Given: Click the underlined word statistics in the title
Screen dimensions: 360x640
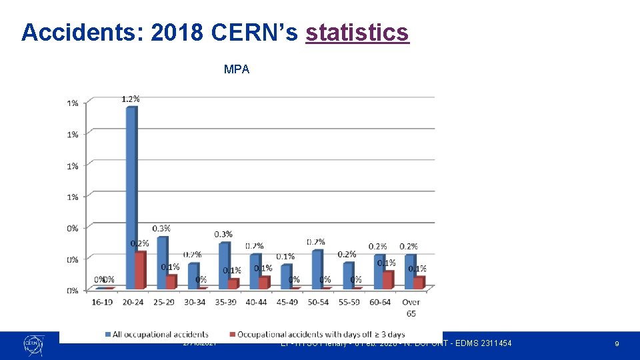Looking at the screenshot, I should point(357,31).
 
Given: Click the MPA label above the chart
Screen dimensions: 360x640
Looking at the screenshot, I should point(237,69).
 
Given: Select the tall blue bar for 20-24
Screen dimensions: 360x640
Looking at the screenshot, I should point(131,197).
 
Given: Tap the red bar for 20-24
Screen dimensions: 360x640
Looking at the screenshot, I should point(140,270).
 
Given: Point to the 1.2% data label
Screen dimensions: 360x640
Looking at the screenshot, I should point(131,99).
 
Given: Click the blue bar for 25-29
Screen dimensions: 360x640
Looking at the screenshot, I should point(162,263).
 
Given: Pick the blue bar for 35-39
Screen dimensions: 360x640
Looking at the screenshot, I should point(223,265).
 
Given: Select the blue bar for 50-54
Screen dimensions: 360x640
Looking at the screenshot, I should point(317,269).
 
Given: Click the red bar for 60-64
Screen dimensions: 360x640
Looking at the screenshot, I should point(388,280).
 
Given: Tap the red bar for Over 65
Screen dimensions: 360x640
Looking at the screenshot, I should point(419,283).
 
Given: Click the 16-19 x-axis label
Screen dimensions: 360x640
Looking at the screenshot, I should point(102,303).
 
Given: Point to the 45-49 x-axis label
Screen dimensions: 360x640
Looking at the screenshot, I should point(287,303).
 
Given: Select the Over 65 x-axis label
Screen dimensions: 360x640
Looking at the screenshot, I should point(411,307).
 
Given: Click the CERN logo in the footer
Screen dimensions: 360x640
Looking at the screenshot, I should point(33,343).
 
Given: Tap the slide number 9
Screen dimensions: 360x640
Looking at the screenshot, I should point(617,343).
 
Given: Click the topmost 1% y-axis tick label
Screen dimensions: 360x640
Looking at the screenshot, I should point(72,103).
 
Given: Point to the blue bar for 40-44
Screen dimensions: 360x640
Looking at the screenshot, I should point(255,271).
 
